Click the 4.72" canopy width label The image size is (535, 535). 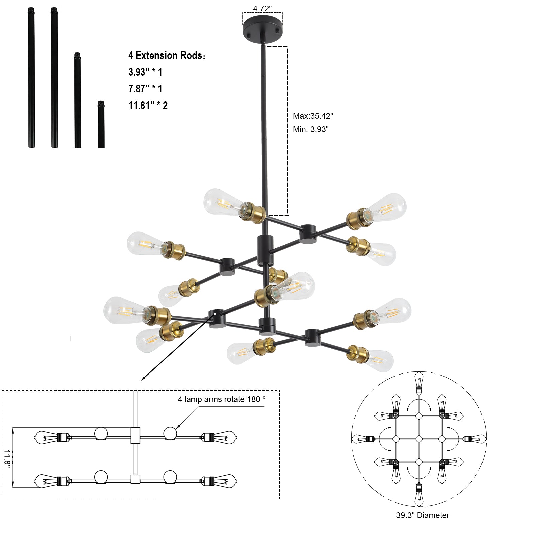[x=262, y=9]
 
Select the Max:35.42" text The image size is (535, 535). [x=313, y=116]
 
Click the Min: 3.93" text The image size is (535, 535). [x=311, y=129]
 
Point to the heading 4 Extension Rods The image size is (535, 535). [x=167, y=56]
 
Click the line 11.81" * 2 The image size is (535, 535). [x=148, y=106]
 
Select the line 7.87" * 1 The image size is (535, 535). [x=145, y=89]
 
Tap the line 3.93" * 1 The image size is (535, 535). [x=145, y=72]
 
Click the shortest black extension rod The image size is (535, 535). [x=101, y=124]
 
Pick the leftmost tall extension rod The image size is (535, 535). [x=31, y=78]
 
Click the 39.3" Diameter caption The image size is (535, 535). [x=422, y=515]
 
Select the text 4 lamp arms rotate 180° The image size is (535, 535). [x=221, y=399]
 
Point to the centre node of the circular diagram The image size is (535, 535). [x=419, y=439]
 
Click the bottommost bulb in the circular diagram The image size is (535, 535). [x=419, y=497]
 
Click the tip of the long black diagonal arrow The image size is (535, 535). [x=142, y=380]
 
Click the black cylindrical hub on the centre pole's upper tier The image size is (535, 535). [x=265, y=246]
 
